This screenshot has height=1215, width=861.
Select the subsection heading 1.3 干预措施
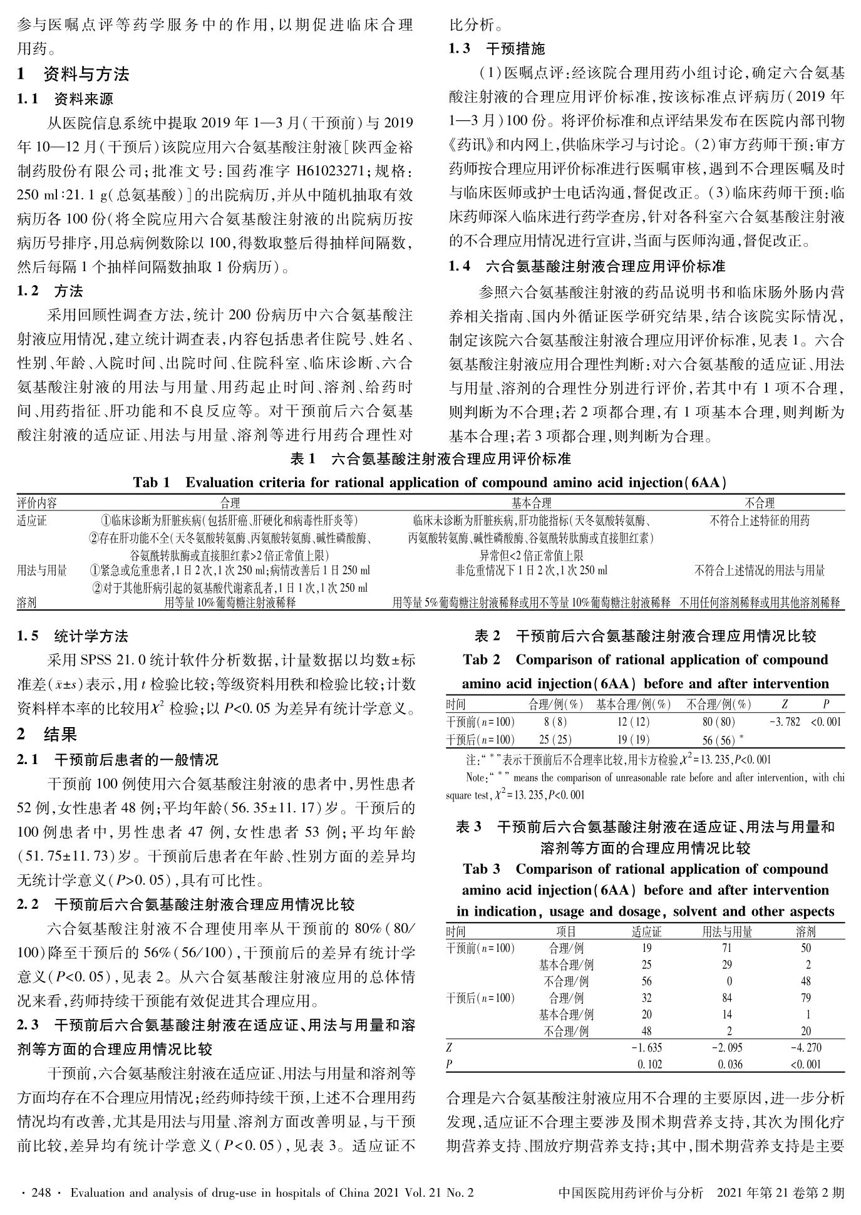(x=497, y=49)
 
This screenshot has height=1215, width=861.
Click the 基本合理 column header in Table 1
(x=532, y=503)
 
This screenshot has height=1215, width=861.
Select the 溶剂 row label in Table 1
(x=27, y=602)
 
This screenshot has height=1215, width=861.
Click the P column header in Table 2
(x=826, y=705)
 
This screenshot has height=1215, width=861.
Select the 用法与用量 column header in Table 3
(x=727, y=932)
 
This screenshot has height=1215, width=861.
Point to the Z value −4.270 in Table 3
(x=807, y=1048)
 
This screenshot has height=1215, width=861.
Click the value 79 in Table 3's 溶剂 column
(x=806, y=998)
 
